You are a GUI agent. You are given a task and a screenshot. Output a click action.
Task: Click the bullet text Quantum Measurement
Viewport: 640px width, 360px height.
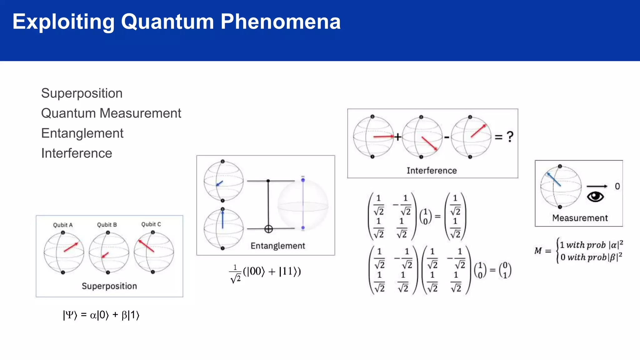pos(111,113)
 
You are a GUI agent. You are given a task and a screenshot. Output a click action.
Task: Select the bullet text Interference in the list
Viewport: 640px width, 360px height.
pos(77,153)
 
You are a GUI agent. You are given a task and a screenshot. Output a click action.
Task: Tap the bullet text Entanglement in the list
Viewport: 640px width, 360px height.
pos(82,133)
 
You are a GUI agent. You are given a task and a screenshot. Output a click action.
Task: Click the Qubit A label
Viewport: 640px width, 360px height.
pos(63,225)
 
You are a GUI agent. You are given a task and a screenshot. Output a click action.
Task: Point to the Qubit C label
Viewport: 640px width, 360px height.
pos(151,224)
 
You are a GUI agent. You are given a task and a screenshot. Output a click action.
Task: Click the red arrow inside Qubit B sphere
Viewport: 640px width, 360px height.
pos(105,255)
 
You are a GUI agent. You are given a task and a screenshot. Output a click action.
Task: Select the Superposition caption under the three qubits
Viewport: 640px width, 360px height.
pos(109,286)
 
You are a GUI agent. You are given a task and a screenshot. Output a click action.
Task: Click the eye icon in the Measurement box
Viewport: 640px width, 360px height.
pos(595,197)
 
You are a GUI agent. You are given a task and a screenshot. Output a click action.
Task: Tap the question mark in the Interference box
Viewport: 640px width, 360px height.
pos(510,137)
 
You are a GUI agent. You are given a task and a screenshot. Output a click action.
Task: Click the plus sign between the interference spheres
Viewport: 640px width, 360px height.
pos(397,137)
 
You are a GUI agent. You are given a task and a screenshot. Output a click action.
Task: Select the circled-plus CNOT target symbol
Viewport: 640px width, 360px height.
pos(268,229)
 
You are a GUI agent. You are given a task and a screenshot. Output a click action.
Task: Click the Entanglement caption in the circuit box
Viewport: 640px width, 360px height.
pos(278,246)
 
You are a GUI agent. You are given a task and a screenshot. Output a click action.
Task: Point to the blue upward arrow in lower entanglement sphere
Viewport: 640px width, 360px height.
pos(222,220)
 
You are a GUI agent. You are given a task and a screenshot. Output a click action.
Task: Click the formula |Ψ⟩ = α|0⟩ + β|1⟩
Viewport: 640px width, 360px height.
pos(101,315)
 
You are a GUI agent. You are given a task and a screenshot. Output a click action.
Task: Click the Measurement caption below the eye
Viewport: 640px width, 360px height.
pos(580,218)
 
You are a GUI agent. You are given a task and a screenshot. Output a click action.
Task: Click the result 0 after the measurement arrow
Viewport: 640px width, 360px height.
pos(617,186)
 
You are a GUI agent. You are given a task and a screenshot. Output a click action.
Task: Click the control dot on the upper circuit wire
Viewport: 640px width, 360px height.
pos(268,181)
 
